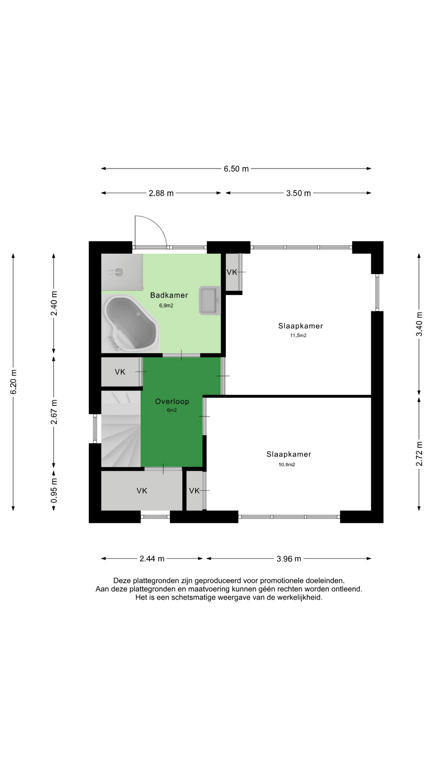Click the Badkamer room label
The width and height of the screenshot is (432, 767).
pos(169,295)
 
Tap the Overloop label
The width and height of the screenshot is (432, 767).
pos(172,401)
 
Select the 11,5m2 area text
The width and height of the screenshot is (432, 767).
pos(298,336)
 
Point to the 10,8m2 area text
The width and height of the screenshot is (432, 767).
pos(287,465)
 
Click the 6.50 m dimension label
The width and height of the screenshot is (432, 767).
pos(236,169)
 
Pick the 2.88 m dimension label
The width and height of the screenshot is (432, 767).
pos(161,193)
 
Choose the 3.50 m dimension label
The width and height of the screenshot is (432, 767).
pos(298,193)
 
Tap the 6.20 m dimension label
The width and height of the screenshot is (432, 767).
pos(14,382)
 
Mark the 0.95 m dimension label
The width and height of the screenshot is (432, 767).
pos(54,491)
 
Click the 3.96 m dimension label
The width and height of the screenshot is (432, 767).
pos(289,559)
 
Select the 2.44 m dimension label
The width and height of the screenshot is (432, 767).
pos(152,559)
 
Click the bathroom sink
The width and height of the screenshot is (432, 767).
pos(210,300)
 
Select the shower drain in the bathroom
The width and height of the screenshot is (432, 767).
pos(118,272)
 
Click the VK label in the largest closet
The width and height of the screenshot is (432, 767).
pos(142,491)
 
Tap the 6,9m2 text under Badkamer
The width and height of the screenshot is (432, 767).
pos(166,306)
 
